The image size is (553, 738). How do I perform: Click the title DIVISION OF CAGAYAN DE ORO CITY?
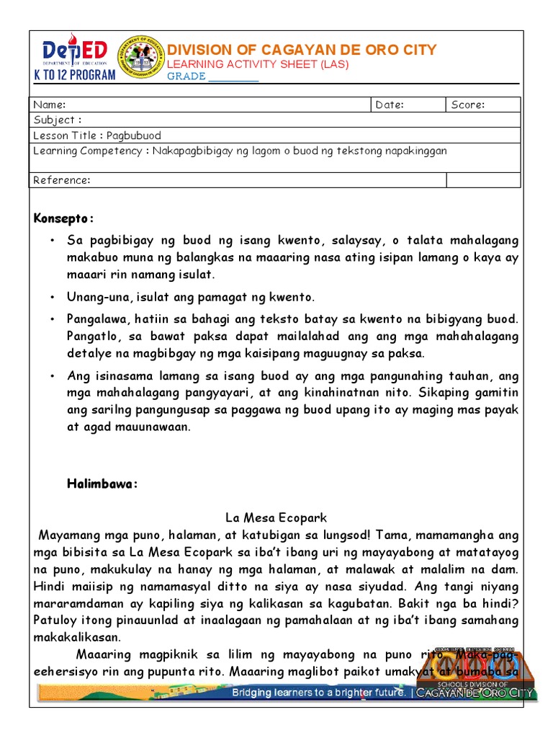point(302,50)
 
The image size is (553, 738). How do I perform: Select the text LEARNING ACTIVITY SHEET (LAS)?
point(258,64)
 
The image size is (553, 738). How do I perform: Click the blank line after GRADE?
point(233,76)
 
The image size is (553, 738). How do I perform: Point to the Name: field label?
point(50,105)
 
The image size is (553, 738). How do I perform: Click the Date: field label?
point(390,105)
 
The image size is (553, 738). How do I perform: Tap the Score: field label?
point(468,105)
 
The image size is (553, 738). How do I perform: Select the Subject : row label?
point(58,120)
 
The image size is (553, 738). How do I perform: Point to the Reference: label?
point(62,180)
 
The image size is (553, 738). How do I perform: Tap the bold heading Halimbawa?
point(101,484)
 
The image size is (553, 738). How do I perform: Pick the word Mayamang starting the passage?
point(63,536)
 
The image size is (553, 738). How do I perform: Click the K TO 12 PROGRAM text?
point(75,75)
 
